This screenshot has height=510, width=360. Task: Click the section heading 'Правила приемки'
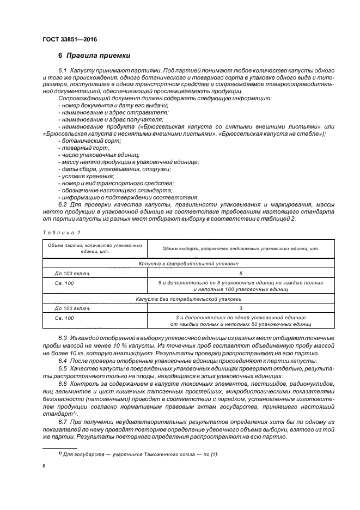click(98, 56)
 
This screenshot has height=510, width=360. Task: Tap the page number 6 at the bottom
click(44, 466)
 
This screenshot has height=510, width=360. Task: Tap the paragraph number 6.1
click(62, 71)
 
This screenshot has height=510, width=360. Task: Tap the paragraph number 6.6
click(62, 384)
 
